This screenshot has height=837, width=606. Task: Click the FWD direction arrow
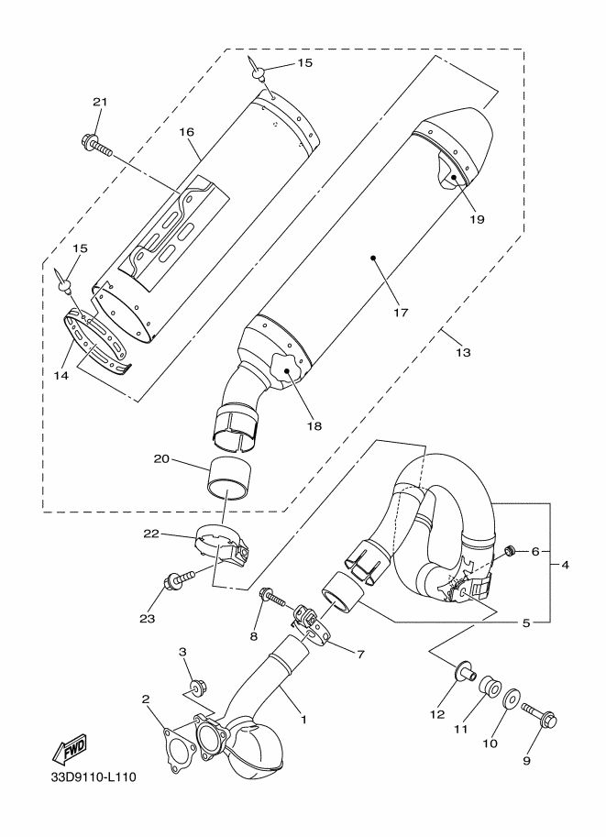(x=69, y=748)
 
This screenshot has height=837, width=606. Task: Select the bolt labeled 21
(x=96, y=145)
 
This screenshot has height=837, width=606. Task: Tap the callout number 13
(x=464, y=352)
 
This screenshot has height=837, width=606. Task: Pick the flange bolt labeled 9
(x=539, y=714)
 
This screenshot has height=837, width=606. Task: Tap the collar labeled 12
(x=464, y=673)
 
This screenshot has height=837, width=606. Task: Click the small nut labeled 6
(x=509, y=550)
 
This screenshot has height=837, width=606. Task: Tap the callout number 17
(x=401, y=313)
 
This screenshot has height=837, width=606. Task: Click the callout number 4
(x=565, y=565)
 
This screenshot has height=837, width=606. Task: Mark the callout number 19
(x=477, y=219)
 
